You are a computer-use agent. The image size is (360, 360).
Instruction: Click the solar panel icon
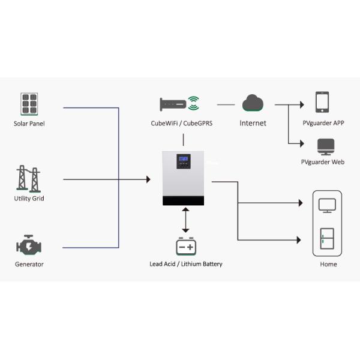29,103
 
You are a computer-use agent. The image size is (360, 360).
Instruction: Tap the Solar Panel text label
29,124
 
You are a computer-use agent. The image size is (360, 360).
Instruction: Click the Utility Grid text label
29,199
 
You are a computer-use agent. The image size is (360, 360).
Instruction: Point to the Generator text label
29,265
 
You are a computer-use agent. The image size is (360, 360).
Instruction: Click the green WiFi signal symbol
193,103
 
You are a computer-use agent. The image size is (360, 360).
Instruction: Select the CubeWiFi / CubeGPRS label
181,124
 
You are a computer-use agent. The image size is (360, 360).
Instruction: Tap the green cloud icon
253,104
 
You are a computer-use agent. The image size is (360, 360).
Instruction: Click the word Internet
253,123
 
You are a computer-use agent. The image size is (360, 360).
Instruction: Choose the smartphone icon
323,102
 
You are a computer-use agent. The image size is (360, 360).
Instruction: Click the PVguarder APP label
323,123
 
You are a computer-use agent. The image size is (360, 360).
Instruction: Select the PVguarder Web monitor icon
326,146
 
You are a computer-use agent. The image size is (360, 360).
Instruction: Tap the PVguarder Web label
323,163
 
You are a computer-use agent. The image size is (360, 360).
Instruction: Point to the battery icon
185,247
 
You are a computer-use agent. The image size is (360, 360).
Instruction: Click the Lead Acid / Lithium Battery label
186,264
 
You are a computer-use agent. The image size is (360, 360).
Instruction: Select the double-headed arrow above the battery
185,221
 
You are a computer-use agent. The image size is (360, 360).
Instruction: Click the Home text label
328,265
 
